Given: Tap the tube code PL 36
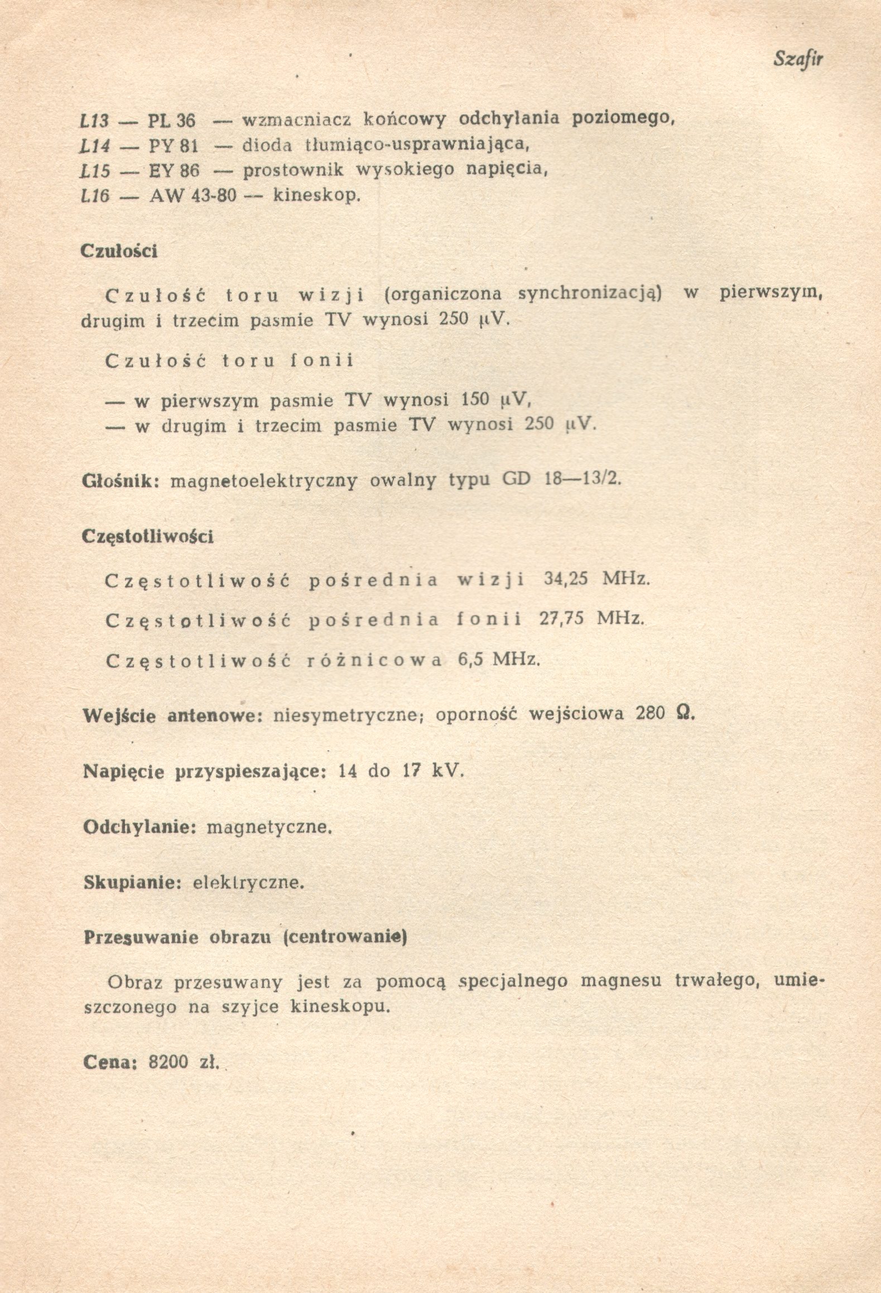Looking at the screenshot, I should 172,120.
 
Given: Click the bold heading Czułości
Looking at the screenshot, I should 119,251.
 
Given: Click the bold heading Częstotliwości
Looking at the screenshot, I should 147,537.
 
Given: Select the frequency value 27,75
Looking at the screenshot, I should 561,619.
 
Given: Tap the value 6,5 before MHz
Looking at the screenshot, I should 470,660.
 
